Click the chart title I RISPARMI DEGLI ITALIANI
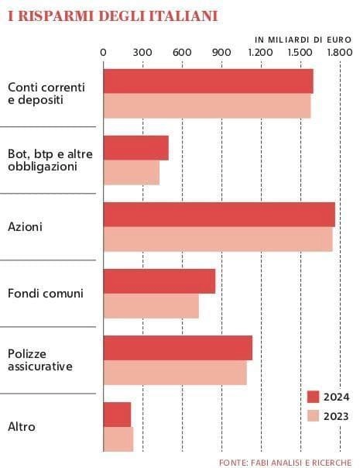pos(113,16)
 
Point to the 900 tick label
pos(221,53)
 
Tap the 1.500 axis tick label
pos(300,53)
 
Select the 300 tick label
pos(142,53)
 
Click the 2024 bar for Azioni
pos(219,215)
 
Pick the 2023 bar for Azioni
pos(218,239)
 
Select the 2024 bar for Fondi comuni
pos(159,281)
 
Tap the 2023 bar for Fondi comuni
pos(151,306)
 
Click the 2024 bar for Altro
pos(117,415)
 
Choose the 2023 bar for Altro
pos(118,439)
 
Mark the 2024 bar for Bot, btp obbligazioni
pos(136,148)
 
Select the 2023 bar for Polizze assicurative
pos(175,373)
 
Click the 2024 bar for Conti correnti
pos(208,81)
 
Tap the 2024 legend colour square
pos(314,397)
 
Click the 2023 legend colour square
pos(314,416)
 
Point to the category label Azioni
pos(25,227)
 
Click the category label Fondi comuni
pos(46,294)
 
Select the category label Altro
pos(22,427)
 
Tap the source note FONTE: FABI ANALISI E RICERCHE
pos(286,463)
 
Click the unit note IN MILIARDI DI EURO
pos(303,40)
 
